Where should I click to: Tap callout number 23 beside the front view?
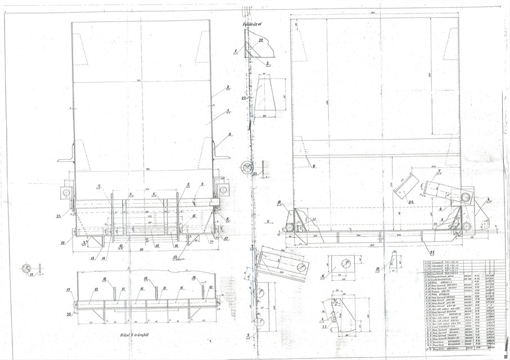(58, 215)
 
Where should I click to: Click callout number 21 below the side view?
(432, 251)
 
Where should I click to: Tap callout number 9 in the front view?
(202, 184)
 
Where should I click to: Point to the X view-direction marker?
(269, 221)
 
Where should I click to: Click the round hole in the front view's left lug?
(67, 192)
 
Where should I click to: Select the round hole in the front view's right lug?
(223, 190)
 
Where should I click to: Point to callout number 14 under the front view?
(176, 246)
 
